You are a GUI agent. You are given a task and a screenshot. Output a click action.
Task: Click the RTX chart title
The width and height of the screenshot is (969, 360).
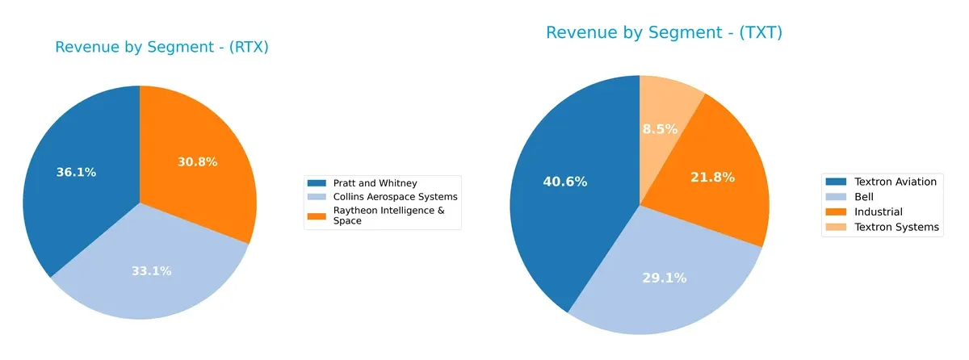coord(161,48)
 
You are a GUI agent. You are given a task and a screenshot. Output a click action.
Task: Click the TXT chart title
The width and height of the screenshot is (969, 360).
coord(664,33)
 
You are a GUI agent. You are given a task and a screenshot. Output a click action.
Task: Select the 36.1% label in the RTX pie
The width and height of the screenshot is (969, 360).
coord(76,172)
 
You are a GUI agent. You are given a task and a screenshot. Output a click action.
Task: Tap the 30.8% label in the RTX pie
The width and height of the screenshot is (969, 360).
coord(197,161)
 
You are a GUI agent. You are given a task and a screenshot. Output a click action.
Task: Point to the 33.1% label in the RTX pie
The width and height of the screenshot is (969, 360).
coord(151,271)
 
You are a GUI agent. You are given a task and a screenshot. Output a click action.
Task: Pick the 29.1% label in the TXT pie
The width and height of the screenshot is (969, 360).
coord(664,278)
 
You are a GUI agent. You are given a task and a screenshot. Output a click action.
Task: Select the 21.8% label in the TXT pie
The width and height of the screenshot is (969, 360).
coord(712,177)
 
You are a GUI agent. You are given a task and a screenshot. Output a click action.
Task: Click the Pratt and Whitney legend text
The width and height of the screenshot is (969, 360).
coord(363,183)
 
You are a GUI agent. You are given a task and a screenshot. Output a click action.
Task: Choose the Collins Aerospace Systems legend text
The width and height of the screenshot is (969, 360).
coord(384,197)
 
